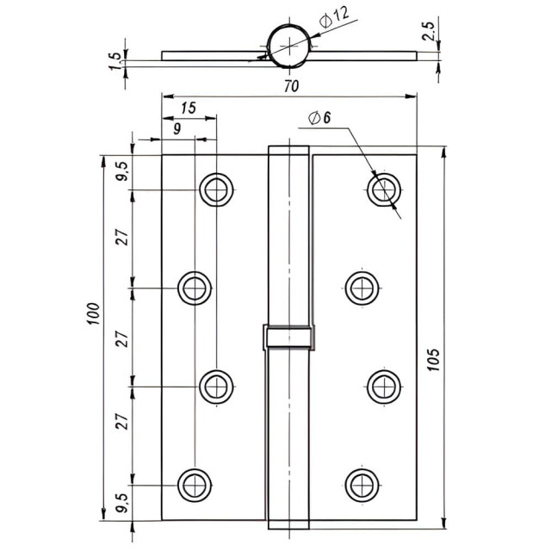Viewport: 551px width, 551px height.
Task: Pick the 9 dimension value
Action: point(176,129)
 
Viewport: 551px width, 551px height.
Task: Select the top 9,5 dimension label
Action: point(123,172)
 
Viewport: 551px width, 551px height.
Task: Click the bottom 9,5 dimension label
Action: point(123,503)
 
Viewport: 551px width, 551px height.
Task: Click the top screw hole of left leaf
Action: point(216,189)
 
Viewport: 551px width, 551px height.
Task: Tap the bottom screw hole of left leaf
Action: point(195,485)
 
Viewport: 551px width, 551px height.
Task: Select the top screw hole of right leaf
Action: point(383,189)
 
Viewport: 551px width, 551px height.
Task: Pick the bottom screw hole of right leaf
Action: point(362,485)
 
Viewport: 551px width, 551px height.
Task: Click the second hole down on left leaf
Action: point(195,288)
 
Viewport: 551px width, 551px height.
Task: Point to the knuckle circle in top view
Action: point(289,44)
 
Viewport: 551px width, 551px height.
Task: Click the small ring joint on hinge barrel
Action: point(288,337)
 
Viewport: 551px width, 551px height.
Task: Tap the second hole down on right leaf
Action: point(362,288)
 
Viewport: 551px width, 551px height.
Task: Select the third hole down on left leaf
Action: point(216,387)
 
